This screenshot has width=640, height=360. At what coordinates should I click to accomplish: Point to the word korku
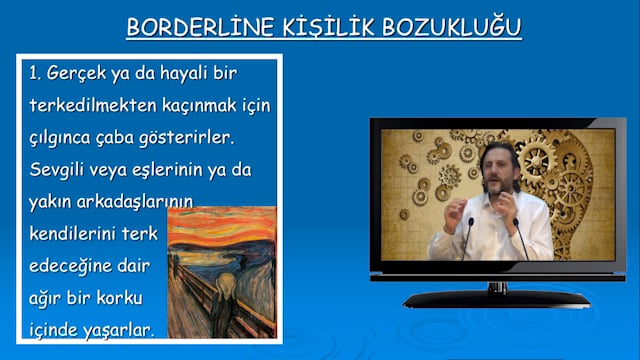click(119, 298)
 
